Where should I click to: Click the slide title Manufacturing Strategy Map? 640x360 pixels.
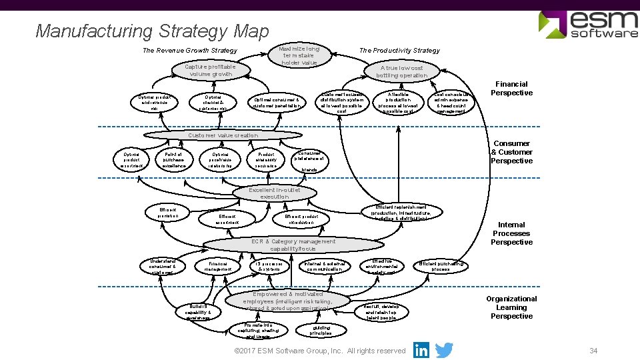point(152,31)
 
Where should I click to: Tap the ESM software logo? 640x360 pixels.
point(587,25)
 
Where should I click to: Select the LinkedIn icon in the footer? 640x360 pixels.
point(421,350)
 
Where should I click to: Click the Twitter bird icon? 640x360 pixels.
point(443,350)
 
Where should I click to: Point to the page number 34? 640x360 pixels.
point(593,351)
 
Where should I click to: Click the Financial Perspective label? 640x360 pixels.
point(511,89)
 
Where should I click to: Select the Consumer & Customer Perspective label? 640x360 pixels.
point(511,152)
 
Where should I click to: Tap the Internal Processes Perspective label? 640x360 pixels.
point(511,233)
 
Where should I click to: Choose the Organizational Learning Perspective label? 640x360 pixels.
point(511,307)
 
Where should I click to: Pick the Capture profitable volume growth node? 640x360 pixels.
point(210,71)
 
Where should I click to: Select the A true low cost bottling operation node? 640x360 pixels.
point(401,72)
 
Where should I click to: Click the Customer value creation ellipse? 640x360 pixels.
point(223,135)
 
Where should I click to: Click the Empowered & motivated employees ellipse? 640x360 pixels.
point(288,301)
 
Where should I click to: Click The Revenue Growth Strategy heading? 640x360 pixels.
point(190,51)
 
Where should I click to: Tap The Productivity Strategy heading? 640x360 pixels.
point(399,51)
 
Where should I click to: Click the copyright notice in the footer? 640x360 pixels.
point(320,351)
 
